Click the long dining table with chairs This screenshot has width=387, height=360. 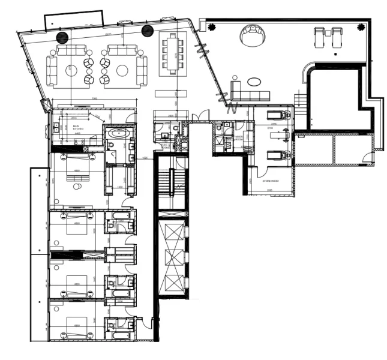173,53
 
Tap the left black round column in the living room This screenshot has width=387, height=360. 61,37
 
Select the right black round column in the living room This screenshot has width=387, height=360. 146,30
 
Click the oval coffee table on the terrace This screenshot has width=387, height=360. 253,81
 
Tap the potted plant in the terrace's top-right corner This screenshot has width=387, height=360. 360,26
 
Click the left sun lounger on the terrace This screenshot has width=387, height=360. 319,37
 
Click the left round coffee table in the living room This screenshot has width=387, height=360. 72,70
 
